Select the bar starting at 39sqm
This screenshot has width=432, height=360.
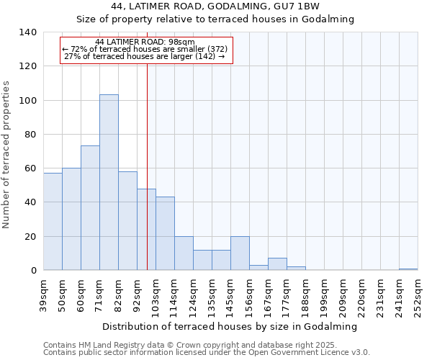[x=53, y=221]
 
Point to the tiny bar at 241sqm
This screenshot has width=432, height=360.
[x=408, y=269]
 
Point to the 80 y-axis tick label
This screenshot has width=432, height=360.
[x=31, y=135]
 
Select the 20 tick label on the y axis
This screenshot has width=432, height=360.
[x=31, y=237]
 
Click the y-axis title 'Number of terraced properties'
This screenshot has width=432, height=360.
[x=7, y=155]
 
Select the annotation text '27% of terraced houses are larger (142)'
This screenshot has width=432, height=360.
[x=144, y=56]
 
